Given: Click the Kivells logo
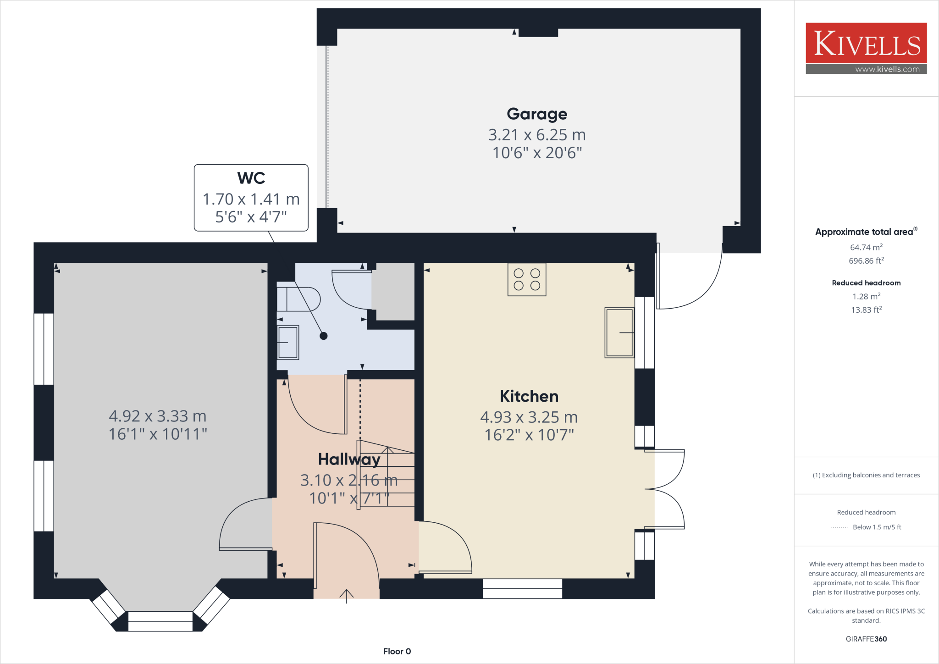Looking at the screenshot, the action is pos(866,48).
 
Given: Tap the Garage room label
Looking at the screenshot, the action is pos(537,114).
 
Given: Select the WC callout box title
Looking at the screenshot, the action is pos(251,178).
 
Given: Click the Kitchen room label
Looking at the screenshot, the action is pos(529,396).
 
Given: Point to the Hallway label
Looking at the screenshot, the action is pos(349,459).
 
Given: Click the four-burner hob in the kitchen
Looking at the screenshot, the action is pos(527,279).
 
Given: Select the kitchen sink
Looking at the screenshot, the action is pos(619,332).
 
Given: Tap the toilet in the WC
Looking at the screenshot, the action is pos(298,299).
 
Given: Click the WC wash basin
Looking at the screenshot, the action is pos(288,343).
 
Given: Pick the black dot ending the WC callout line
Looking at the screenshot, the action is pos(324,336).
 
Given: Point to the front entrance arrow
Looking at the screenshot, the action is pos(347,596).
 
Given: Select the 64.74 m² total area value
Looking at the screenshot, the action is pos(866,247).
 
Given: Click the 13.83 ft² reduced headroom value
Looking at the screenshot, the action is pos(867,310).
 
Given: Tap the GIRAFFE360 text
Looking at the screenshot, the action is pos(866,639).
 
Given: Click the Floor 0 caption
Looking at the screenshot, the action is pos(397,651).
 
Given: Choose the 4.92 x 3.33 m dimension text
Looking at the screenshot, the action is pos(158,416).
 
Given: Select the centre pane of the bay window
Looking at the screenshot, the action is pos(160,621).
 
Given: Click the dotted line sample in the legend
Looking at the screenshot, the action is pos(840,527).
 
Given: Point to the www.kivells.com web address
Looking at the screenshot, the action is pos(887,69).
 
